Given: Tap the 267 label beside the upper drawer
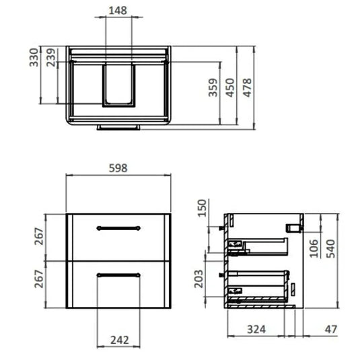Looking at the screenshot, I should pos(40,236).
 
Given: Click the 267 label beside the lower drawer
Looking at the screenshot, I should pos(40,278).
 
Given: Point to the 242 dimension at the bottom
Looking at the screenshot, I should pos(118,340).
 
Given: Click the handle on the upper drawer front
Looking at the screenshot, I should pos(118,228).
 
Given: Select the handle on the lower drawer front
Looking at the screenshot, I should pos(118,274).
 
